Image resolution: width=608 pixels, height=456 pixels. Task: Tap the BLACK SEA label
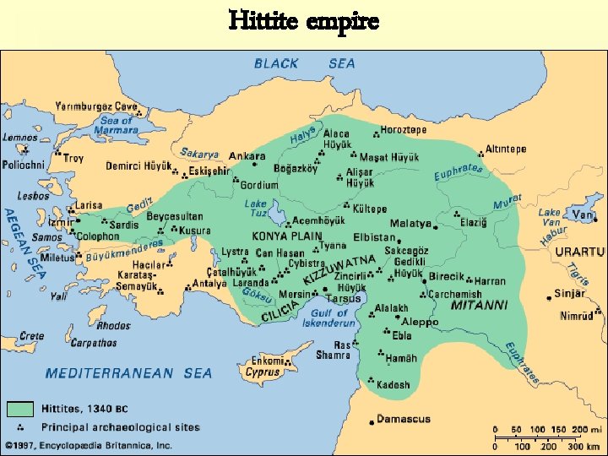tap(305, 63)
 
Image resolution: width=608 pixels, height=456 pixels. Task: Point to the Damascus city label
tap(403, 419)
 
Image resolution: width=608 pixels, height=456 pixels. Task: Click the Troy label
tap(73, 158)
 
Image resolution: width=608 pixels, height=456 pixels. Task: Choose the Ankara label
tap(247, 156)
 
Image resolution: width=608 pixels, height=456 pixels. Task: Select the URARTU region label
tap(580, 252)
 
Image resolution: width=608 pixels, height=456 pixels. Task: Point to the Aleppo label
tap(420, 322)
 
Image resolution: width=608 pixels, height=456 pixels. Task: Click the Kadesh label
tap(394, 384)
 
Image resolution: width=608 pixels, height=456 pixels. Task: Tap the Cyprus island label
tap(263, 372)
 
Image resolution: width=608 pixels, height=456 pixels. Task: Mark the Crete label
tap(31, 335)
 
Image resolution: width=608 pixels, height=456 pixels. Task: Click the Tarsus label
tap(345, 298)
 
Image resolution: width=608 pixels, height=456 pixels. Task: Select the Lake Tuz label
tap(256, 209)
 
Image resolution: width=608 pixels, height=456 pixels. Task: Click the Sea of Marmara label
tap(116, 125)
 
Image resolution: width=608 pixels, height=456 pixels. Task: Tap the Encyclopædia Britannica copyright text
tap(89, 445)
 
